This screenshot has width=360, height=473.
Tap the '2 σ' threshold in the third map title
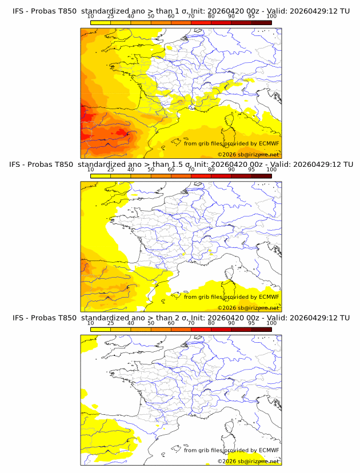(x=182, y=318)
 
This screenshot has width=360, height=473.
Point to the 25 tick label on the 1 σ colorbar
(x=110, y=17)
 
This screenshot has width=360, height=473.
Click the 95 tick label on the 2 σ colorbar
(x=251, y=323)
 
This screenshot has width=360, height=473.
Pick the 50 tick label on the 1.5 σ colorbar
(x=151, y=170)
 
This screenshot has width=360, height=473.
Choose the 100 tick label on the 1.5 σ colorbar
(x=271, y=170)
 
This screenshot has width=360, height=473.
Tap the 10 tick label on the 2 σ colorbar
(x=90, y=323)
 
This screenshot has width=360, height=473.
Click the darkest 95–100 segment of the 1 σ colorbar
(x=262, y=23)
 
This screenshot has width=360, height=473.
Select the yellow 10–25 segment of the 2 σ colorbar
(x=101, y=330)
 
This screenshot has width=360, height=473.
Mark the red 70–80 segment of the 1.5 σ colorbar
(x=201, y=176)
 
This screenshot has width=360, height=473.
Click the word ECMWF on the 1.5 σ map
(x=269, y=296)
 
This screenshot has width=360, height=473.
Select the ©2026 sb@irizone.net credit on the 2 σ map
(x=248, y=461)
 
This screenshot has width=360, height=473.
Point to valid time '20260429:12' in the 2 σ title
(x=314, y=318)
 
